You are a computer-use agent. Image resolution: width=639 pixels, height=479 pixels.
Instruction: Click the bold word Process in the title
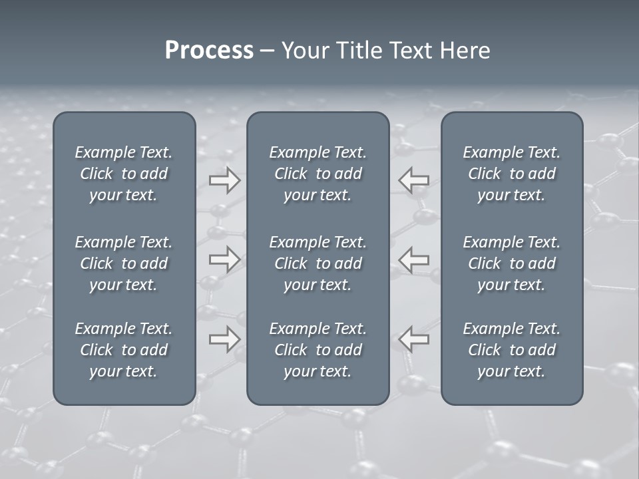point(209,51)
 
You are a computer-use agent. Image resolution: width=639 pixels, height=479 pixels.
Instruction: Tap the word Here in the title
point(465,51)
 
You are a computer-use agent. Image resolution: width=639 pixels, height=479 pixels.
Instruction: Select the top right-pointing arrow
point(224,180)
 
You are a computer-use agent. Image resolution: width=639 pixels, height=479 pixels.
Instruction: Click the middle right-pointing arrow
point(224,259)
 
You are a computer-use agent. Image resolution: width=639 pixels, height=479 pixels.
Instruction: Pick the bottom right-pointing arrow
point(224,339)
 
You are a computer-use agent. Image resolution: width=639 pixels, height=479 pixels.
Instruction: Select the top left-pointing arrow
point(413,180)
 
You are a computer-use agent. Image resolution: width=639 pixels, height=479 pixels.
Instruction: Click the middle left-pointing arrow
point(413,259)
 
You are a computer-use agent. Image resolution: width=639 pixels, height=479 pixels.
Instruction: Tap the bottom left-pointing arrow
point(413,339)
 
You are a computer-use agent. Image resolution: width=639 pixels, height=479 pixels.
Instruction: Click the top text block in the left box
point(124,174)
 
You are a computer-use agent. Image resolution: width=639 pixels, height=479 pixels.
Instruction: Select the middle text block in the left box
point(124,263)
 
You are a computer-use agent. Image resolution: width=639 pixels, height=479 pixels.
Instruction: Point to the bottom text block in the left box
point(124,350)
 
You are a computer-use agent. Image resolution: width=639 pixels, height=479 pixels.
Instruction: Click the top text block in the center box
point(318,174)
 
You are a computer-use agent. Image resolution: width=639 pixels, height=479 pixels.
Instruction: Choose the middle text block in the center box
point(318,263)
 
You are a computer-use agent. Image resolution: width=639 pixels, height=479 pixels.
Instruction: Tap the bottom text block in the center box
point(318,350)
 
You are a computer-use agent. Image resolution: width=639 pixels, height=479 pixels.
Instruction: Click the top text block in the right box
point(511,174)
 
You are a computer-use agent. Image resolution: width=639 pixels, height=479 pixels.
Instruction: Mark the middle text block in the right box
point(511,263)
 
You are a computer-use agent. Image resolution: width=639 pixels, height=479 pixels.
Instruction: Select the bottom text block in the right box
point(511,350)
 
